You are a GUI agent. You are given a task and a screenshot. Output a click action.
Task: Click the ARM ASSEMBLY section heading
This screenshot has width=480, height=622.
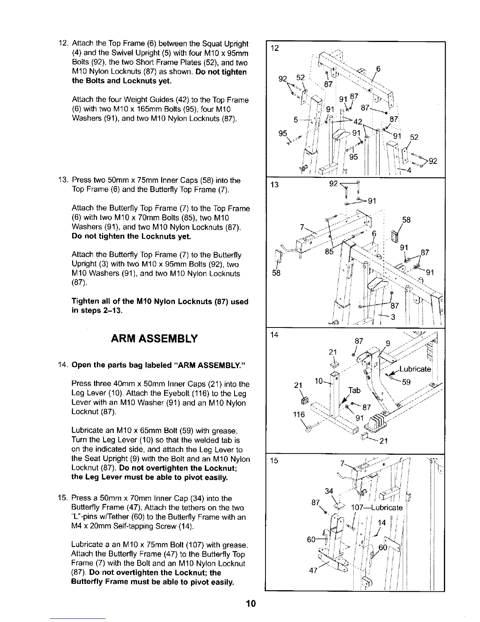click(x=155, y=338)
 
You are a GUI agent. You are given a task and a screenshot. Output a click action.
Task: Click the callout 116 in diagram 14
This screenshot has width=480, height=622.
click(x=299, y=414)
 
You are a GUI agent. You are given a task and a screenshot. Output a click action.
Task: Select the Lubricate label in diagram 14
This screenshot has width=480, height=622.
click(x=415, y=369)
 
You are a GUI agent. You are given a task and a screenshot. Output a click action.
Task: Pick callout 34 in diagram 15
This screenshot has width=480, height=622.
click(x=329, y=490)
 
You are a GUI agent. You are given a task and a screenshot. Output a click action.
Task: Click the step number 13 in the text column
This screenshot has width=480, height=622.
click(x=63, y=181)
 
